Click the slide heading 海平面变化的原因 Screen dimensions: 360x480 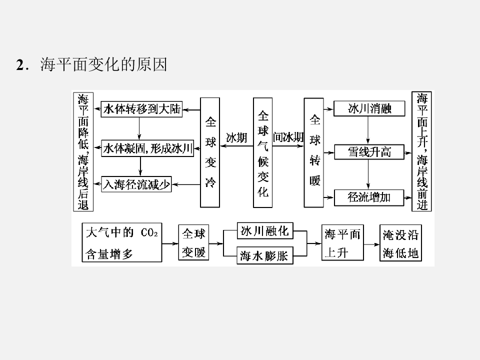click(103, 65)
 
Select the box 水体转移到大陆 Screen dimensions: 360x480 click(141, 109)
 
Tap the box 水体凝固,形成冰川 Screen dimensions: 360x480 click(147, 148)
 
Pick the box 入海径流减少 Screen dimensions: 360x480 click(136, 184)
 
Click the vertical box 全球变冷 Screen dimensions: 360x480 click(210, 152)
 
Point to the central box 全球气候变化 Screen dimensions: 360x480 click(263, 152)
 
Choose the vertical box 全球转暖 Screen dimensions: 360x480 click(314, 152)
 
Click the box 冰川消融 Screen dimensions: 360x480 click(369, 108)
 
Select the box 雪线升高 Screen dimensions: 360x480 click(369, 151)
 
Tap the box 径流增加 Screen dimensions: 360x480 click(369, 197)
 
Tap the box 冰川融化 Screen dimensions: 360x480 click(264, 231)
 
